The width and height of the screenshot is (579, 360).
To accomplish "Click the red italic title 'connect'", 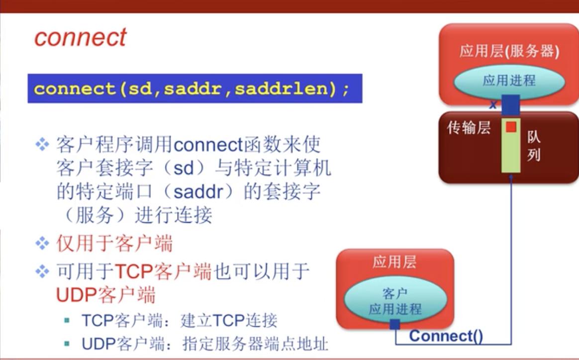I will pos(81,37).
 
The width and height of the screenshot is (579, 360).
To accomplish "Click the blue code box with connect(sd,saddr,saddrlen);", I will pos(194,89).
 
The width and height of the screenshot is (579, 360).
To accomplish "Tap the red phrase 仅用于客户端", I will pos(114,244).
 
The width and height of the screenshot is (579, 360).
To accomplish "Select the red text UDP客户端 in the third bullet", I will pos(105,295).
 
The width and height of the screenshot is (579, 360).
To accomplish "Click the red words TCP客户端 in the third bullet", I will pos(164,272).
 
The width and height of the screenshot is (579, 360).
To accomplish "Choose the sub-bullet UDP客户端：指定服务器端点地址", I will pos(205,344).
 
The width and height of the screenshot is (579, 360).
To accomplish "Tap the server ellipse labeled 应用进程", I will pos(509,81).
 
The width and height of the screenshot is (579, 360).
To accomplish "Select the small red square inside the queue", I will pos(511,127).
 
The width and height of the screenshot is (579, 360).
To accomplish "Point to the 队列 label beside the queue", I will pos(533,146).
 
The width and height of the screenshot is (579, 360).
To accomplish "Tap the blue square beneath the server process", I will pos(511,105).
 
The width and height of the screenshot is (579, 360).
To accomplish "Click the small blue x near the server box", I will pos(493,105).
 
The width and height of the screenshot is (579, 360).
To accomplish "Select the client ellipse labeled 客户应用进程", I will pos(394,301).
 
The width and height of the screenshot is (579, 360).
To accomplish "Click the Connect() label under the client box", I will pos(446,336).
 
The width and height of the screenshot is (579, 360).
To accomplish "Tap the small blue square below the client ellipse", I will pos(394,325).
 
